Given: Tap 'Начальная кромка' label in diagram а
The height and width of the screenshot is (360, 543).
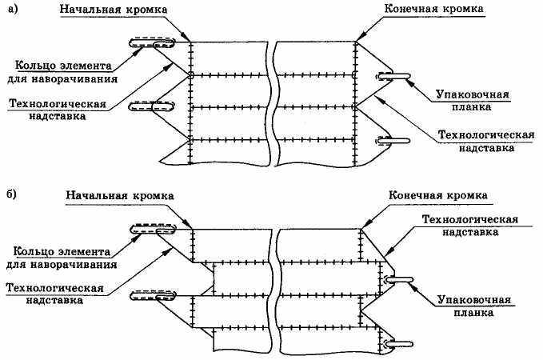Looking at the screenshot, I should [x=118, y=9].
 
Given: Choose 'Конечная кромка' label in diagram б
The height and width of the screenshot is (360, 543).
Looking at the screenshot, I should [x=438, y=194].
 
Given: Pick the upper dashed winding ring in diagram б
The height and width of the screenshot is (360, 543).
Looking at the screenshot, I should [x=152, y=230].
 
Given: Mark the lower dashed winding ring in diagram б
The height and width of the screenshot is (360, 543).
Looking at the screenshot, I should [x=152, y=294].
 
